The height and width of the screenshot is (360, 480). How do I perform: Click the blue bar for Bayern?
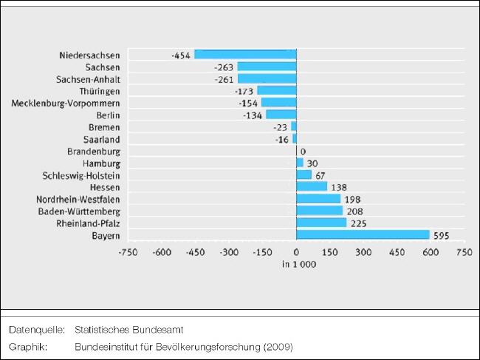pos(362,235)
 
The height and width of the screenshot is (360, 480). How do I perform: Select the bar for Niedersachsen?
pos(244,55)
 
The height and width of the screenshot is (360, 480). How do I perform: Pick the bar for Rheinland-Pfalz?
pos(320,223)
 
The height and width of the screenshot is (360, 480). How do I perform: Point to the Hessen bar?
pos(311,187)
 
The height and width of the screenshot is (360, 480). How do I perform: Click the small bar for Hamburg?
pos(299,163)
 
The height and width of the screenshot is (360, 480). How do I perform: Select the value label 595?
pos(442,235)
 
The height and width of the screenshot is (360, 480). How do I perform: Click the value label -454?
pos(180,55)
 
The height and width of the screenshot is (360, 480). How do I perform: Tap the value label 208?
pos(354,211)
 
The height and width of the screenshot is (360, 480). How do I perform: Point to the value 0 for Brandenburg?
pos(303,151)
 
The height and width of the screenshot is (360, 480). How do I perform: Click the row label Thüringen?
pos(100,91)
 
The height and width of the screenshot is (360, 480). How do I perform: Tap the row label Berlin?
pos(108,115)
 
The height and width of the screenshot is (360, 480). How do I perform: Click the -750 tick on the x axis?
pos(128,252)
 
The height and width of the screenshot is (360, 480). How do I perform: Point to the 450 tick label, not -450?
pos(396,252)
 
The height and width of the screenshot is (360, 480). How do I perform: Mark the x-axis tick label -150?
pos(262,252)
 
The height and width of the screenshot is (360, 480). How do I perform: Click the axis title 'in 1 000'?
pos(299,265)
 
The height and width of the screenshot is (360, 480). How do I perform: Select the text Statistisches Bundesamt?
pos(129,330)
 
